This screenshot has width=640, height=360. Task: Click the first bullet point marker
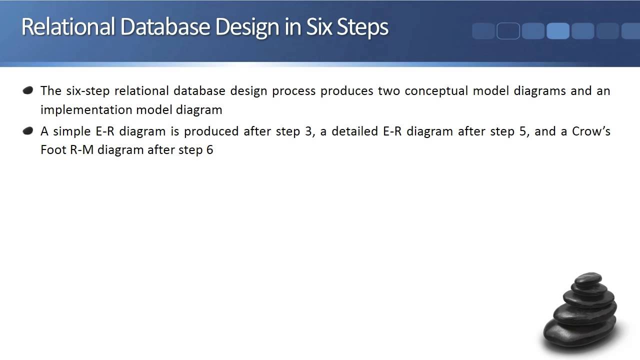pos(28,90)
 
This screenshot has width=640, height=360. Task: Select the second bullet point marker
pos(28,131)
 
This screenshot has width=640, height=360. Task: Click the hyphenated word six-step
pos(86,91)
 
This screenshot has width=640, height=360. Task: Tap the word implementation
pos(83,109)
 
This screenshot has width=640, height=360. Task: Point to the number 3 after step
pos(308,131)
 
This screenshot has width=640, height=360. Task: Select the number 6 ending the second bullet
pos(209,150)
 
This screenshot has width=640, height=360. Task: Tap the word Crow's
pos(591,131)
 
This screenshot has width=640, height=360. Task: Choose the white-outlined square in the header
pos(508,31)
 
